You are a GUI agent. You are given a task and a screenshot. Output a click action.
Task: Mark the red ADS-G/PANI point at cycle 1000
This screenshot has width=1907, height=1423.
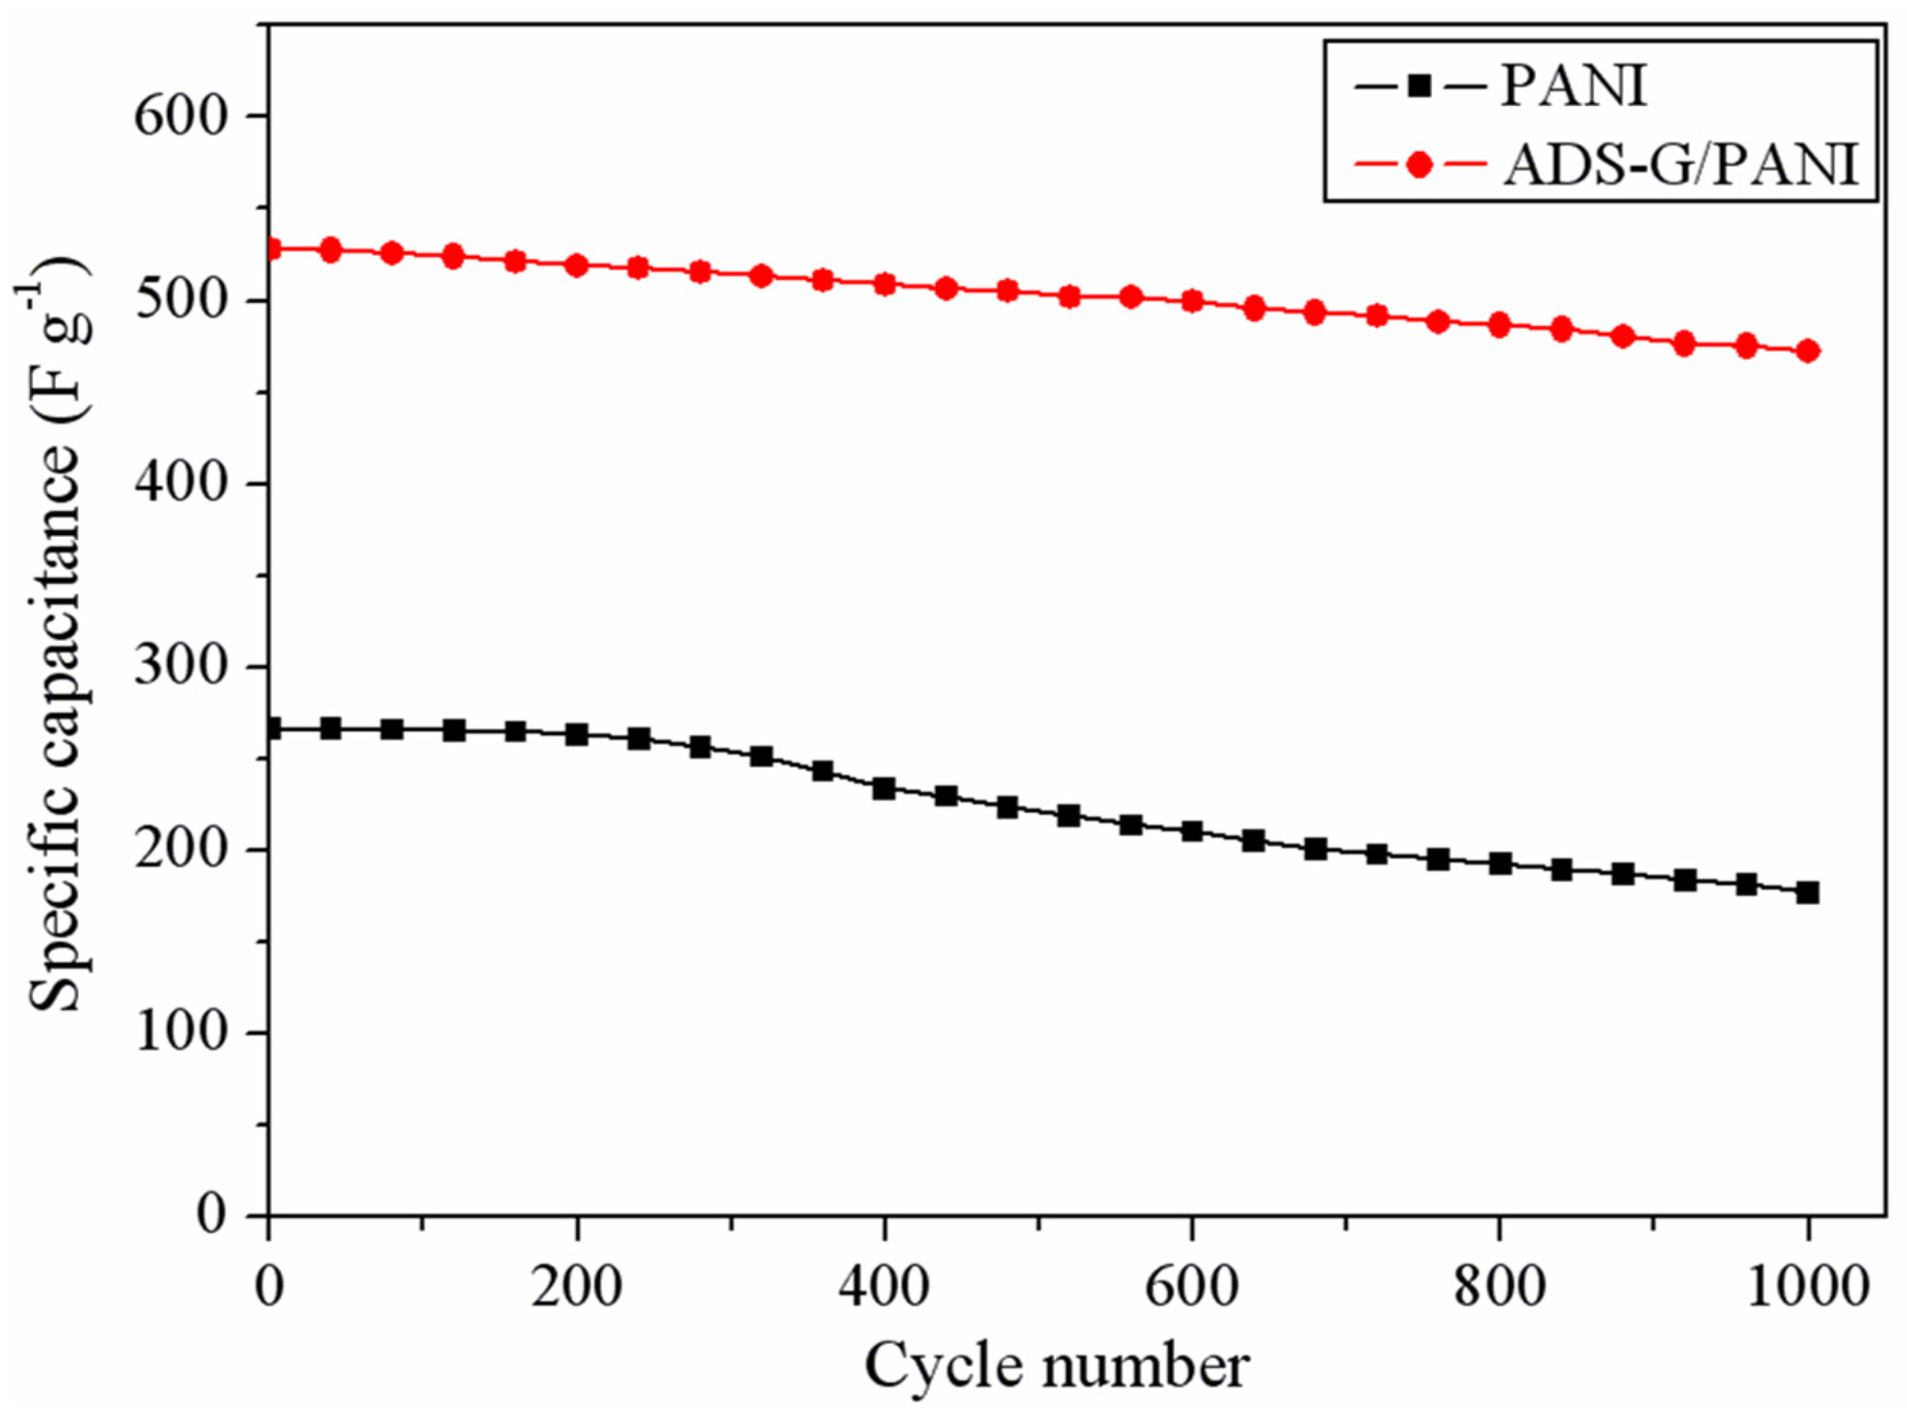1808,351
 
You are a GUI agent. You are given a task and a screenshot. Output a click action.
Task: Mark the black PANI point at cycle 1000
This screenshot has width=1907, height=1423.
1808,892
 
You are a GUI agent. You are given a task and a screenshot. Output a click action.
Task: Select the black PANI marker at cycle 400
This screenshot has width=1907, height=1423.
885,789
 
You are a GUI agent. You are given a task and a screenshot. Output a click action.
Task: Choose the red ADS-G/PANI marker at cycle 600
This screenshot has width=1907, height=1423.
1192,302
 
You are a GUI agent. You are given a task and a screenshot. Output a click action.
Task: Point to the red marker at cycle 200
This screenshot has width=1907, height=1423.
577,265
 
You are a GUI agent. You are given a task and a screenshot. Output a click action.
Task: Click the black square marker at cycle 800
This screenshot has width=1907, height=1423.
1499,863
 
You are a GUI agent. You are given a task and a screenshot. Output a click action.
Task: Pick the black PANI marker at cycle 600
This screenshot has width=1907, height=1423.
1192,831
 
